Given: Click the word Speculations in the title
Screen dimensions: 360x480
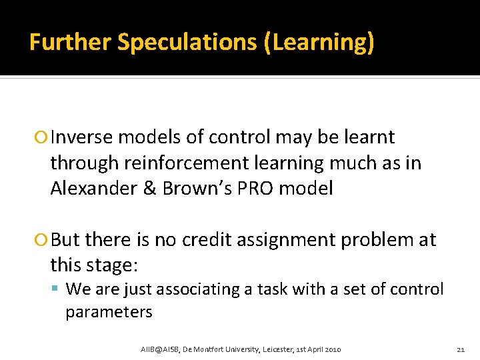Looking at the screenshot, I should click(187, 43).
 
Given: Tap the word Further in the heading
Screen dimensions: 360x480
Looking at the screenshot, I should click(70, 43).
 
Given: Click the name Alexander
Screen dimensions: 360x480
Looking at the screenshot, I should click(95, 188).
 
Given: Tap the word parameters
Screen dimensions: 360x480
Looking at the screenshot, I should click(109, 311).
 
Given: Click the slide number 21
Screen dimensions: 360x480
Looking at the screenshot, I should click(460, 349).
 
